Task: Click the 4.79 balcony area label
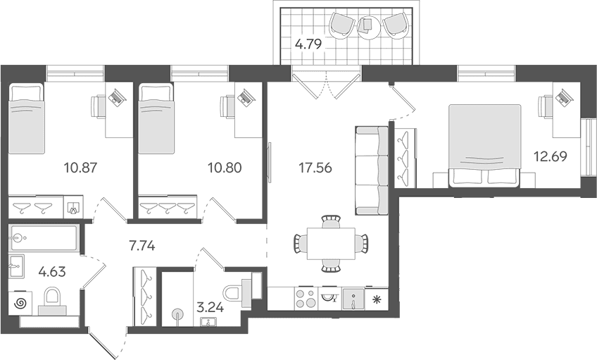(x=309, y=44)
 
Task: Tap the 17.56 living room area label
(x=315, y=168)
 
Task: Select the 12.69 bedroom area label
(x=550, y=156)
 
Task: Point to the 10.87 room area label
(x=81, y=167)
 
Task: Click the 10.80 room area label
(x=225, y=167)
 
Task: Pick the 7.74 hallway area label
(x=142, y=246)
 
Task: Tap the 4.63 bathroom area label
(x=52, y=272)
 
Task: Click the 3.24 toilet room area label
(x=210, y=307)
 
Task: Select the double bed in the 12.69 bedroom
(x=484, y=146)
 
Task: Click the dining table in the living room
(x=331, y=244)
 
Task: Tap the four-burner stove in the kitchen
(x=306, y=298)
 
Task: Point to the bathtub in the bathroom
(x=44, y=238)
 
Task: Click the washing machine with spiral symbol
(x=20, y=303)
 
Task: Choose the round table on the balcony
(x=369, y=26)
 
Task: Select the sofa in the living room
(x=372, y=170)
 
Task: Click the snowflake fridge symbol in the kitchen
(x=377, y=299)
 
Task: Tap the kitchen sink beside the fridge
(x=353, y=299)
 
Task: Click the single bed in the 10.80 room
(x=156, y=119)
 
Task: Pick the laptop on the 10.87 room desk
(x=116, y=95)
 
